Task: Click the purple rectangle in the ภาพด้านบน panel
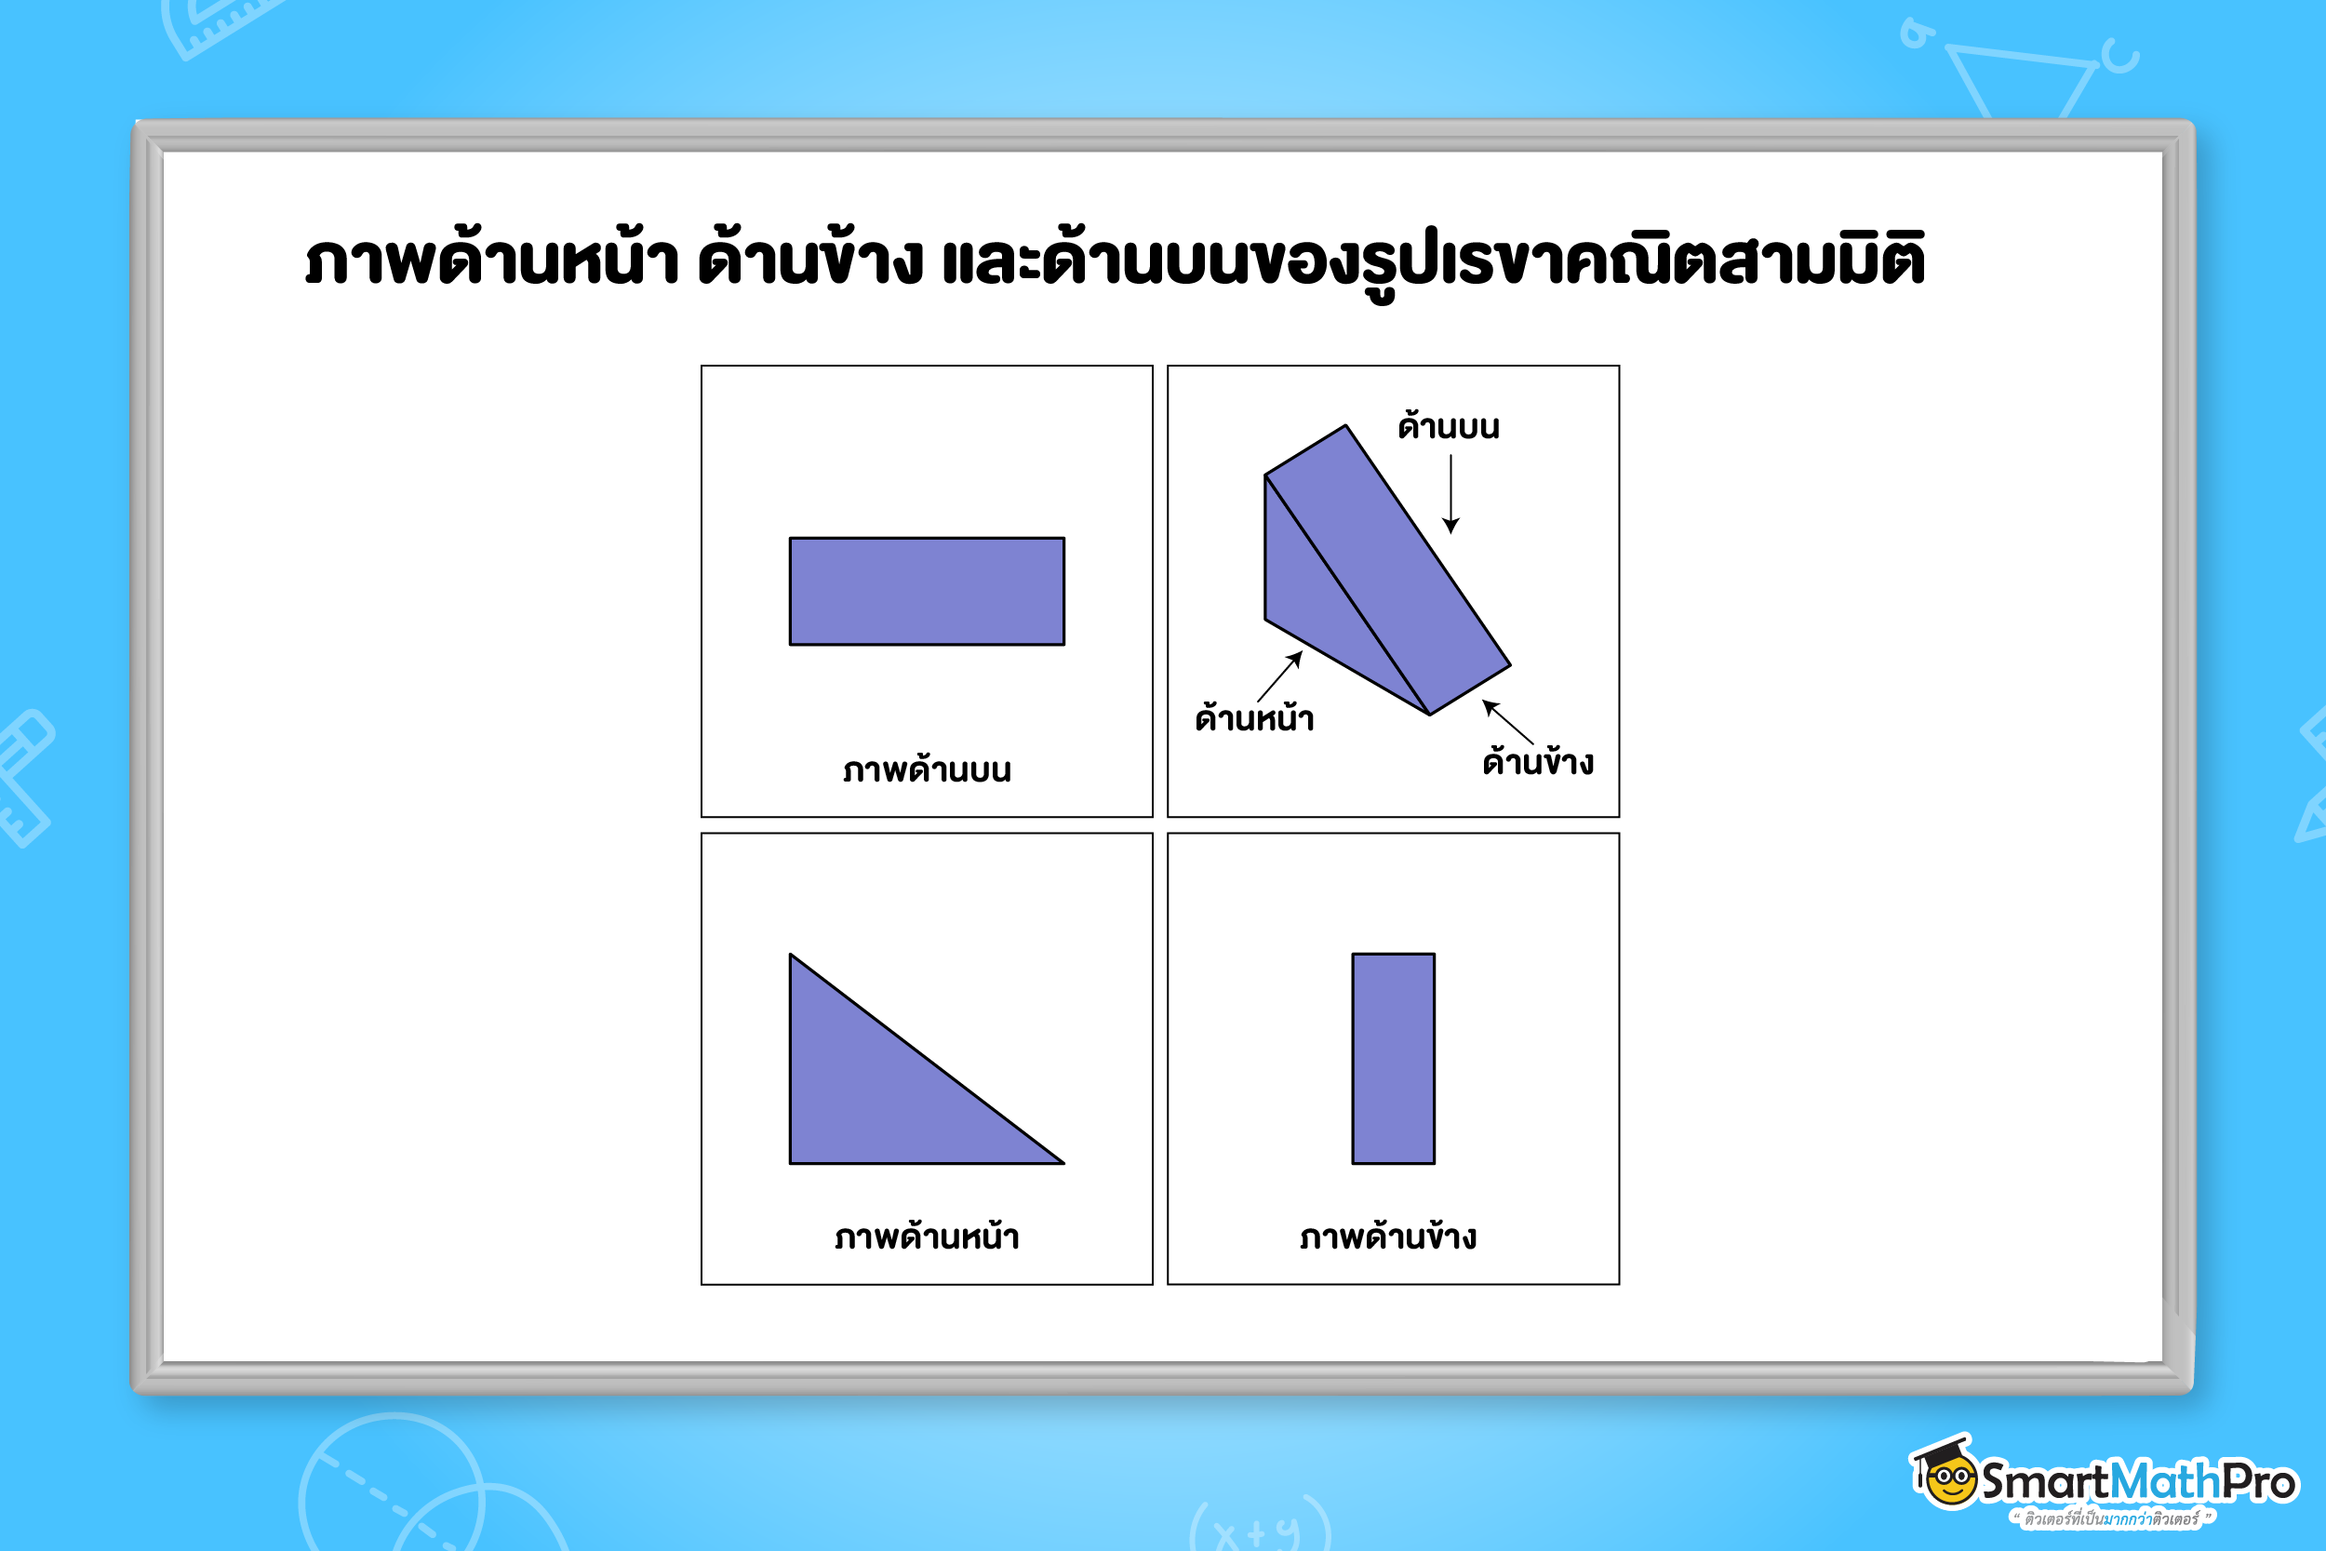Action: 927,592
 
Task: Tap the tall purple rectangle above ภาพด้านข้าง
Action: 1393,1059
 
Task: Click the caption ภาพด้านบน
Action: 927,769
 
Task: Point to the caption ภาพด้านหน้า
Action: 927,1237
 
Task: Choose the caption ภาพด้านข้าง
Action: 1388,1237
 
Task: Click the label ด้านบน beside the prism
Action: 1448,426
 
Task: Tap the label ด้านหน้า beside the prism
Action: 1254,718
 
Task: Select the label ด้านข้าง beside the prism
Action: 1538,762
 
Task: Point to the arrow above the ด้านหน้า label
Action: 1280,675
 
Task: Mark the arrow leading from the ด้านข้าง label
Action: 1507,721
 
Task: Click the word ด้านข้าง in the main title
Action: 810,261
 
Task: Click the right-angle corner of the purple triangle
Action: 795,1159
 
